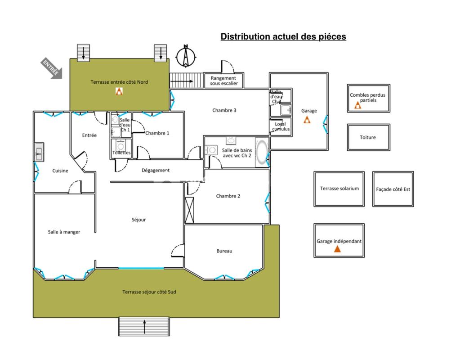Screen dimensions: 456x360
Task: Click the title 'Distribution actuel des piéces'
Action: click(283, 36)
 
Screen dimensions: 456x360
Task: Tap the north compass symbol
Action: click(186, 56)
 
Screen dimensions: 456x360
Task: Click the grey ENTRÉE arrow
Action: click(51, 68)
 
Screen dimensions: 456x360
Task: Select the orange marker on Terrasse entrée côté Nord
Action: click(119, 91)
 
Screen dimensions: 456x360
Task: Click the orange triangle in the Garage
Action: click(307, 120)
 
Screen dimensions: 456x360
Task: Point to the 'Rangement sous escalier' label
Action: click(224, 81)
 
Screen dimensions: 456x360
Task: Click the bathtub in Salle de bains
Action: click(262, 153)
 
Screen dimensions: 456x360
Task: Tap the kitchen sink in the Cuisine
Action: click(39, 152)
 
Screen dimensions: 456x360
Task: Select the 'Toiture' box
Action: click(368, 137)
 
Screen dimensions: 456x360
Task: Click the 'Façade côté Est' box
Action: click(393, 189)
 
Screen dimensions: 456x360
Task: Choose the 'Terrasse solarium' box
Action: click(339, 189)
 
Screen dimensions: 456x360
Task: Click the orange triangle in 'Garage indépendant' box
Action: click(337, 249)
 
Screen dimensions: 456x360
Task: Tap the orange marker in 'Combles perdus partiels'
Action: click(358, 105)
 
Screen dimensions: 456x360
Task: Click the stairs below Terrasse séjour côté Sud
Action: click(144, 327)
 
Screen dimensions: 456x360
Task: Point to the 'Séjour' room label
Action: click(139, 220)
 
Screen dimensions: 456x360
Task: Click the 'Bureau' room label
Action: click(224, 251)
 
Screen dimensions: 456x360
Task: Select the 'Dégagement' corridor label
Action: click(156, 171)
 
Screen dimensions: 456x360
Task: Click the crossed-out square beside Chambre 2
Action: click(189, 210)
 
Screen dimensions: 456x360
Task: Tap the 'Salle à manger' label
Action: click(64, 232)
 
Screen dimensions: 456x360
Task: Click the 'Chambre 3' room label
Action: click(224, 110)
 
